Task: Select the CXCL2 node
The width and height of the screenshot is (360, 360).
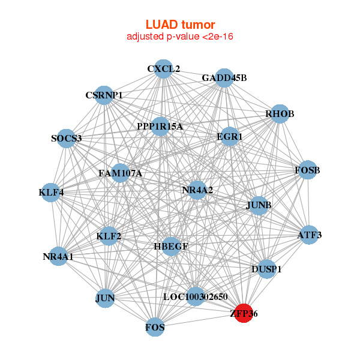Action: [x=163, y=69]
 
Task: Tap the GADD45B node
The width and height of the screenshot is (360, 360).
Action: [x=224, y=78]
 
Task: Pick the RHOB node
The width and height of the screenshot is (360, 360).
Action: [x=280, y=114]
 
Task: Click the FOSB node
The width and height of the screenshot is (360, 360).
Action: [x=307, y=170]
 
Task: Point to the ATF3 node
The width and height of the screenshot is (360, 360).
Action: [x=310, y=235]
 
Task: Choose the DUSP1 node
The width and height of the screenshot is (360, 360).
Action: [x=267, y=269]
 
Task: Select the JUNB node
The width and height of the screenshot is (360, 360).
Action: [x=259, y=205]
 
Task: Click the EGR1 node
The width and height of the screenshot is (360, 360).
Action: [x=230, y=137]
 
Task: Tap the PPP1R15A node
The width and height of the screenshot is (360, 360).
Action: [x=160, y=126]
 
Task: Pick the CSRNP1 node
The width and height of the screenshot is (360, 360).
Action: [x=104, y=95]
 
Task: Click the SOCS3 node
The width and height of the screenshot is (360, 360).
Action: [x=67, y=139]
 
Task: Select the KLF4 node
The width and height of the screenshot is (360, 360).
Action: [x=52, y=193]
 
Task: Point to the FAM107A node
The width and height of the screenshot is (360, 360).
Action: [x=120, y=173]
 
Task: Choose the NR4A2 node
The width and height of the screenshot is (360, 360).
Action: [x=197, y=190]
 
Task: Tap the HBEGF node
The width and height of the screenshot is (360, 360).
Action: [x=171, y=246]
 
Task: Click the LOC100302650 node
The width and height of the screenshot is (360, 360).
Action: [x=196, y=296]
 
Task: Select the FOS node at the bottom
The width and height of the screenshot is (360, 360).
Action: [x=155, y=328]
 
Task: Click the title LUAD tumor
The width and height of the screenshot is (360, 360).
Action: [x=180, y=25]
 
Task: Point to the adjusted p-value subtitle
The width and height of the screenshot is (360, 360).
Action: [x=180, y=37]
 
